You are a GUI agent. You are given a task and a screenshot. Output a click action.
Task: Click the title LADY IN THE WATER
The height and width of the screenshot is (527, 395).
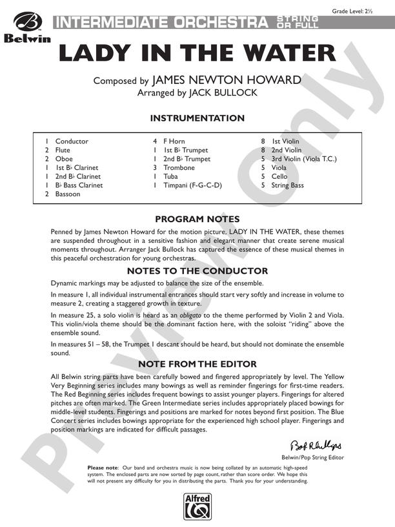tap(197, 54)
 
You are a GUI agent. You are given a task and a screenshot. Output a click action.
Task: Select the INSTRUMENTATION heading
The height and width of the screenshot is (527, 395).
tap(197, 118)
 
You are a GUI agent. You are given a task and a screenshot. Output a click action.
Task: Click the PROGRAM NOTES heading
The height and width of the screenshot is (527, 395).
tap(197, 219)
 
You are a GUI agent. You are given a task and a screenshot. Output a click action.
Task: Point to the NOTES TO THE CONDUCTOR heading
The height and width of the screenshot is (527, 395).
tap(197, 271)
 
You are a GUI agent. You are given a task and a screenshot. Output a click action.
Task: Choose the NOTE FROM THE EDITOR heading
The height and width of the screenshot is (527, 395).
tap(197, 364)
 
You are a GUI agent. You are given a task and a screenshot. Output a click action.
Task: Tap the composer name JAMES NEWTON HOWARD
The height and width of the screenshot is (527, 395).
tap(226, 80)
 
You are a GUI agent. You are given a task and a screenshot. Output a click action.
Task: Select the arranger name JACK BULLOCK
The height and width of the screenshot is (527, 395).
tap(222, 92)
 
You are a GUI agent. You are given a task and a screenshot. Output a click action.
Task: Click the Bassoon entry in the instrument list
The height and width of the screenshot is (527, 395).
tap(68, 194)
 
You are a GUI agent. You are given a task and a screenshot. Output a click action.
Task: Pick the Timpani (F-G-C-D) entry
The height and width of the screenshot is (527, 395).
tap(192, 185)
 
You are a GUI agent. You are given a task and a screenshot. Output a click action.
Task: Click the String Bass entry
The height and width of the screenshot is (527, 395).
tap(287, 185)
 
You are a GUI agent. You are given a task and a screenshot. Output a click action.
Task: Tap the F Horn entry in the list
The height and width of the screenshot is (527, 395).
tap(174, 141)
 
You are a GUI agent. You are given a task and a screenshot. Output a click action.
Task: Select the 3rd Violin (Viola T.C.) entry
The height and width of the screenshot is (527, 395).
tap(304, 159)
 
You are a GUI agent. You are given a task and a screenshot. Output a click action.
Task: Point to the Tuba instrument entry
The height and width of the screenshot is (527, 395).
tap(170, 176)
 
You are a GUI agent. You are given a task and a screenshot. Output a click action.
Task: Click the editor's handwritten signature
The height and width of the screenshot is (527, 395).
tap(316, 446)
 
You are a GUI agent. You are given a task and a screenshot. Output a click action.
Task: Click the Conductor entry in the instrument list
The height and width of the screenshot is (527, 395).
tap(72, 141)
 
